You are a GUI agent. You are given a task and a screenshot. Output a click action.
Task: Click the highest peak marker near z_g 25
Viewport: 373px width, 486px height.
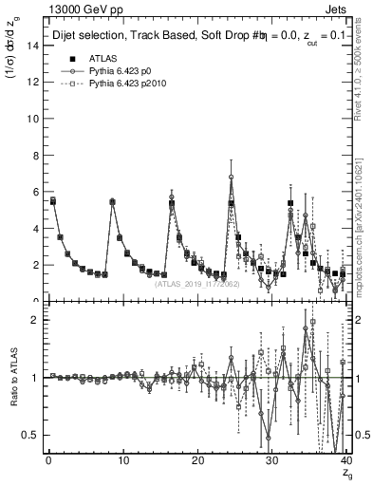click(231, 178)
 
